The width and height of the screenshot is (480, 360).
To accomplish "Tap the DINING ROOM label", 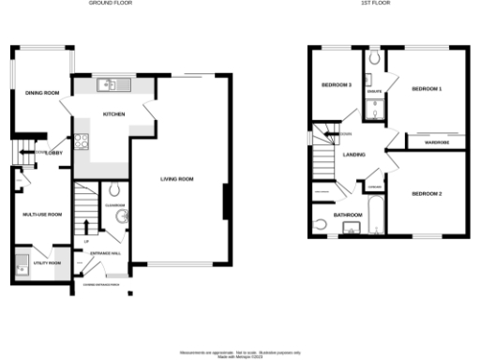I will [42, 93].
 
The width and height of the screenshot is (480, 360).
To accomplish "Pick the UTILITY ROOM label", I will [47, 263].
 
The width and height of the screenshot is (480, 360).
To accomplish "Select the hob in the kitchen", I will [82, 142].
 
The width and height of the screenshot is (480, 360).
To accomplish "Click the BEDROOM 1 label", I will [427, 88].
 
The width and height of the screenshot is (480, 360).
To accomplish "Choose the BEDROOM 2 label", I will [427, 194].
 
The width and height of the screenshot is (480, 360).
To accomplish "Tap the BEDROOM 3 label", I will [336, 85].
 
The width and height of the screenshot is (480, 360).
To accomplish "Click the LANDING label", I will [354, 155].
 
